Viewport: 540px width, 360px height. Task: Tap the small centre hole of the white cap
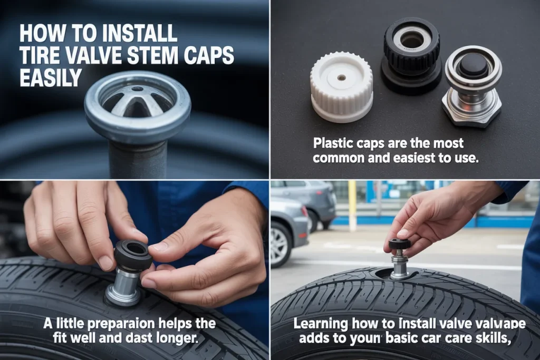341,77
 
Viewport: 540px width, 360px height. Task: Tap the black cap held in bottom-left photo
133,255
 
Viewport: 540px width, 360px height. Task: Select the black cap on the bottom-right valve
399,244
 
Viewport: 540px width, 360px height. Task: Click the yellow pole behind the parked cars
352,206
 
